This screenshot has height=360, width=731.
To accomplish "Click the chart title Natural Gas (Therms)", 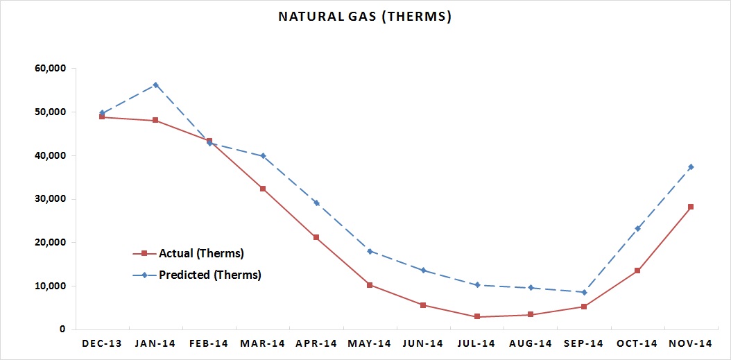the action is (x=365, y=17).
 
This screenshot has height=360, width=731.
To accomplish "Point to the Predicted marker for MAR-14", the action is (x=263, y=156).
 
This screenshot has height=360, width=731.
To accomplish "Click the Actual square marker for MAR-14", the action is (x=263, y=189).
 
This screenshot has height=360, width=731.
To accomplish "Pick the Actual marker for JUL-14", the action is (x=477, y=316).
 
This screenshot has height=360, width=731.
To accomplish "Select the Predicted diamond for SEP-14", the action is (x=584, y=293).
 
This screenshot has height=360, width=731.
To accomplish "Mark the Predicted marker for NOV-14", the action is (x=691, y=167).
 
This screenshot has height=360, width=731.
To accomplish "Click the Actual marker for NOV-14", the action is (x=691, y=207).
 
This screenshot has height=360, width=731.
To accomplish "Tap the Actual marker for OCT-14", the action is (x=637, y=271).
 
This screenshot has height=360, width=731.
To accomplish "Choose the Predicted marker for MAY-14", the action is (x=370, y=251).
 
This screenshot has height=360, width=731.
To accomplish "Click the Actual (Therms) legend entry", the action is (x=189, y=254).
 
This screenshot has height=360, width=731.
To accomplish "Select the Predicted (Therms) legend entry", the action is (x=197, y=275).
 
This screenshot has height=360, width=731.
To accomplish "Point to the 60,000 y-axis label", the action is (x=51, y=69).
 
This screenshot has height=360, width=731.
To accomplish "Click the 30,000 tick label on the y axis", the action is (x=51, y=199).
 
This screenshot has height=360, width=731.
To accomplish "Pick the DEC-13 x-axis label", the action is (x=102, y=343).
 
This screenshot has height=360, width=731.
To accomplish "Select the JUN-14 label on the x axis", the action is (x=423, y=343).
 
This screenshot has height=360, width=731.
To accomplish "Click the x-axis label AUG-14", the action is (x=530, y=343).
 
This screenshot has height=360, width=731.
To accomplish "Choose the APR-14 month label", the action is (x=316, y=343).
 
